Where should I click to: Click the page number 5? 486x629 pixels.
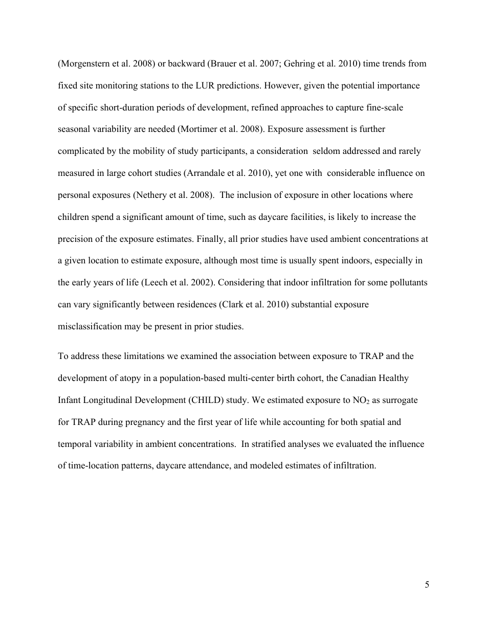click(427, 585)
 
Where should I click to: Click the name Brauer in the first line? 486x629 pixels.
click(235, 64)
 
